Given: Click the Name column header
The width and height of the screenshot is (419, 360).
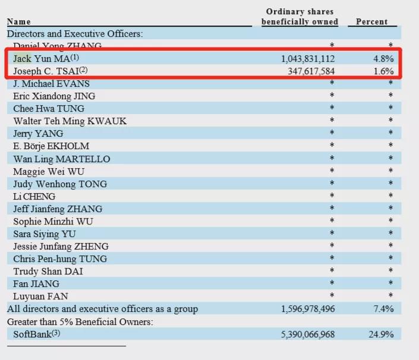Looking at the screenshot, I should click(x=19, y=22).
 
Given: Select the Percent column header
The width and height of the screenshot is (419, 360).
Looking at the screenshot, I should click(x=371, y=22).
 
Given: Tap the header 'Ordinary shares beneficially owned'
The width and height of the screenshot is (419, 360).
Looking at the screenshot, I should click(x=300, y=17).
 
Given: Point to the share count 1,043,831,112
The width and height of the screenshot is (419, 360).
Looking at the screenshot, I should click(x=308, y=59).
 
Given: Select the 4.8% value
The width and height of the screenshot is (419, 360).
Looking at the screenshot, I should click(x=383, y=59).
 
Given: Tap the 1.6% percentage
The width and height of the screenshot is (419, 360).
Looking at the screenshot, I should click(x=383, y=71).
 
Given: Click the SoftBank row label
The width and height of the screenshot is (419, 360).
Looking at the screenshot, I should click(x=36, y=334).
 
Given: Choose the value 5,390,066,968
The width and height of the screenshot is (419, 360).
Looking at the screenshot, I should click(x=308, y=334).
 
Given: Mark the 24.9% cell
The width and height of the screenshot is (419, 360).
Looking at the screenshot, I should click(x=381, y=334).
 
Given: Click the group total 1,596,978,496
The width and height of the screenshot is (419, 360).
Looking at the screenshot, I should click(x=308, y=309).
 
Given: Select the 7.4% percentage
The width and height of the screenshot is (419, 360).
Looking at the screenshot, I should click(x=383, y=309).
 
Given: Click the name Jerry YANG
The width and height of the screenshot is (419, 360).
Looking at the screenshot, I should click(x=38, y=134).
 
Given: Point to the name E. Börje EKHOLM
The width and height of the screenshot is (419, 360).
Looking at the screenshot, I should click(x=51, y=146).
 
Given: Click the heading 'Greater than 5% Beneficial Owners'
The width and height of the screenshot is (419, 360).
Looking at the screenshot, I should click(x=80, y=321).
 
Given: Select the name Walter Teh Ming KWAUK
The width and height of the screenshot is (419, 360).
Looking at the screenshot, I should click(x=70, y=121).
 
